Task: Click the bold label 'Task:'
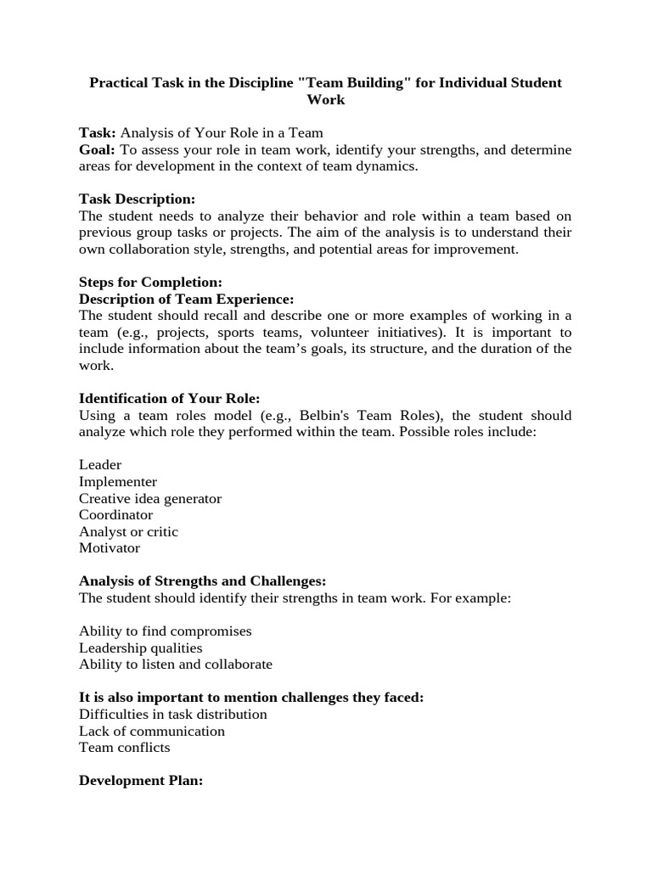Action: pyautogui.click(x=98, y=133)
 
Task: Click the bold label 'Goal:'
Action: pyautogui.click(x=98, y=150)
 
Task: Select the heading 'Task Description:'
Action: pyautogui.click(x=137, y=199)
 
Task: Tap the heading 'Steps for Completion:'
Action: pyautogui.click(x=150, y=282)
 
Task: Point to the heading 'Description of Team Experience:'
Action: pyautogui.click(x=186, y=299)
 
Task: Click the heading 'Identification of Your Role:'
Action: pyautogui.click(x=169, y=399)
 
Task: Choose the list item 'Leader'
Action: pyautogui.click(x=100, y=465)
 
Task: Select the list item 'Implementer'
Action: pyautogui.click(x=118, y=482)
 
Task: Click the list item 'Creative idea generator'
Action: pyautogui.click(x=150, y=499)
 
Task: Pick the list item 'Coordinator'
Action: pyautogui.click(x=116, y=515)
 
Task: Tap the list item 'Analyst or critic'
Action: pyautogui.click(x=128, y=532)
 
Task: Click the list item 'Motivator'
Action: pyautogui.click(x=110, y=548)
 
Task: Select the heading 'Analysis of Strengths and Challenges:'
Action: pyautogui.click(x=202, y=581)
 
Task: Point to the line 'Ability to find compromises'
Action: pyautogui.click(x=166, y=631)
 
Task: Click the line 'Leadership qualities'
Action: pyautogui.click(x=141, y=648)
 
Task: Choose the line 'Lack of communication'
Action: pyautogui.click(x=152, y=731)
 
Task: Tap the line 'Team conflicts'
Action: pyautogui.click(x=125, y=748)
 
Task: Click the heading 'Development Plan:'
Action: pyautogui.click(x=141, y=781)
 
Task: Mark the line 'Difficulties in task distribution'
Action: pyautogui.click(x=173, y=715)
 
